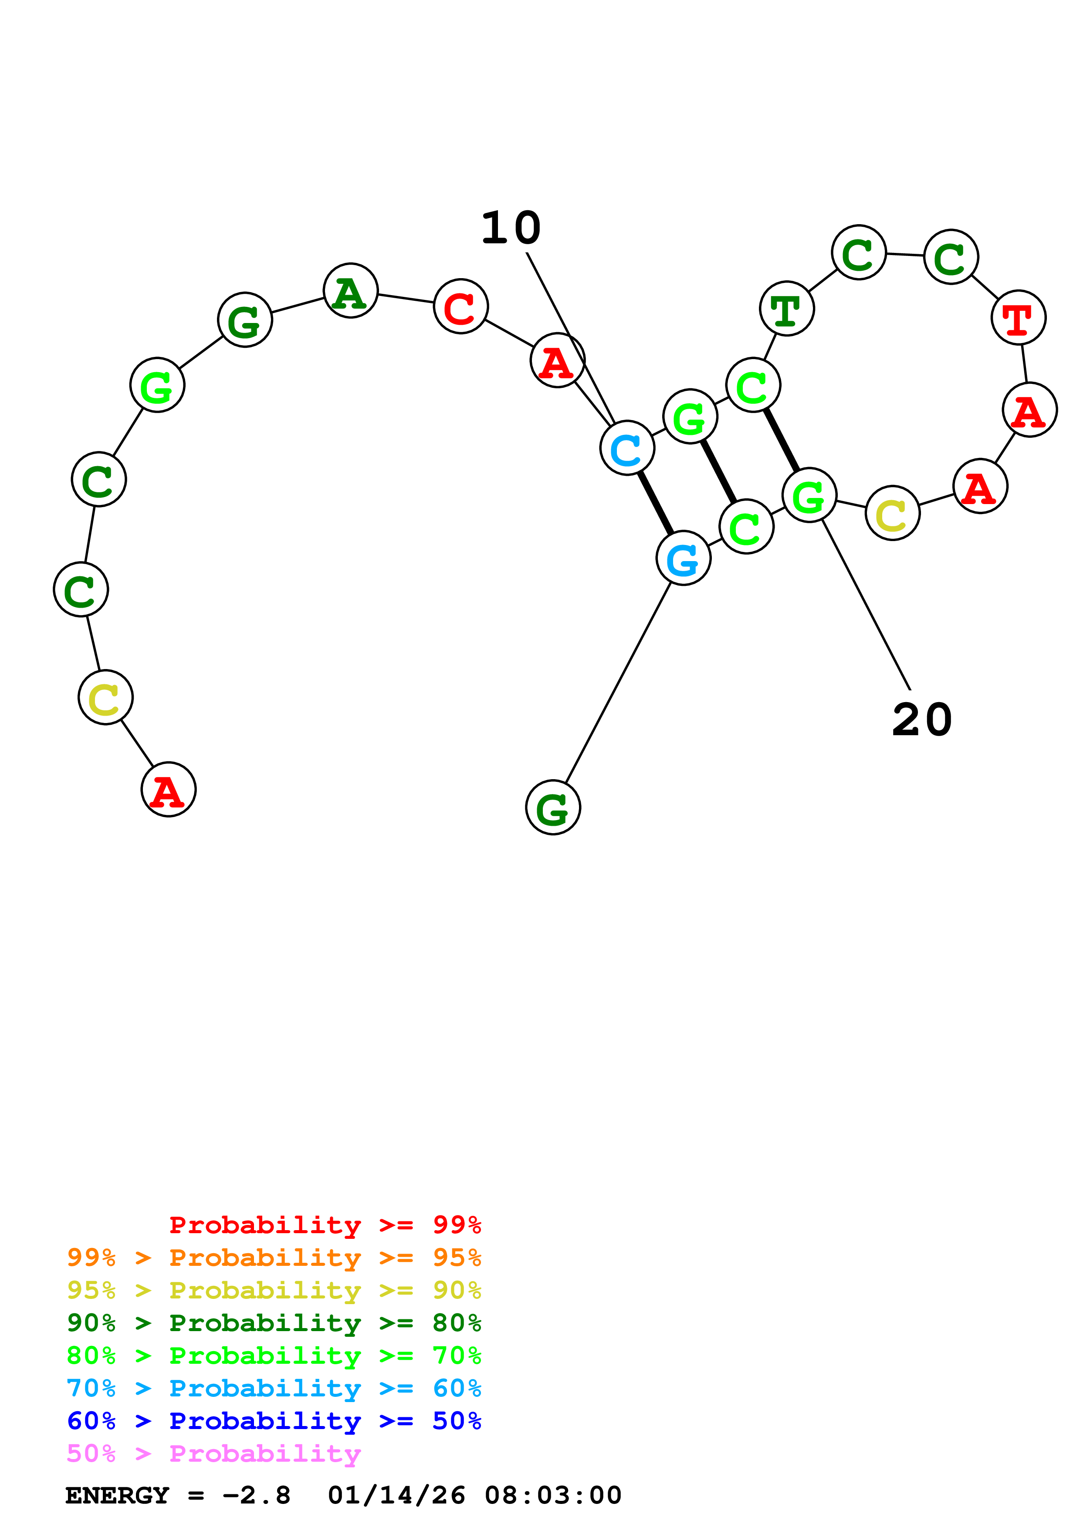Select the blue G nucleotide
coord(684,558)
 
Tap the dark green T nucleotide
coord(786,309)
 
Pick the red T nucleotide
coord(1018,317)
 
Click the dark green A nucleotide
coord(351,291)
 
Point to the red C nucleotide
coord(460,306)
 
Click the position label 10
coord(511,228)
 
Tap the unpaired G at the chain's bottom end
coord(553,807)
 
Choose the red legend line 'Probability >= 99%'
coord(325,1225)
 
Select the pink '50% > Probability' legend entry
coord(213,1453)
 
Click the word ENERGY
coord(117,1495)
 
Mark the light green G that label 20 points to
coord(809,495)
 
